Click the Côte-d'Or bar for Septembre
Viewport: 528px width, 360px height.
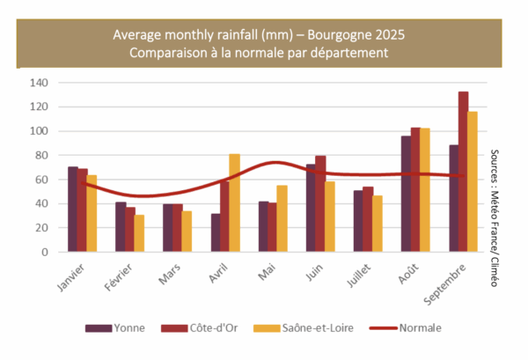tap(463, 172)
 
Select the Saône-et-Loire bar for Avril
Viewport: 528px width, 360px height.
tap(235, 203)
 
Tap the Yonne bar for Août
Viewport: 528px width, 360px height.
tap(407, 194)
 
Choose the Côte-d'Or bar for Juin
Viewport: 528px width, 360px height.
tap(320, 204)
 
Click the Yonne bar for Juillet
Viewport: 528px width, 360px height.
tap(359, 221)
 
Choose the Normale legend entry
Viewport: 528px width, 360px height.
tap(416, 328)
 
